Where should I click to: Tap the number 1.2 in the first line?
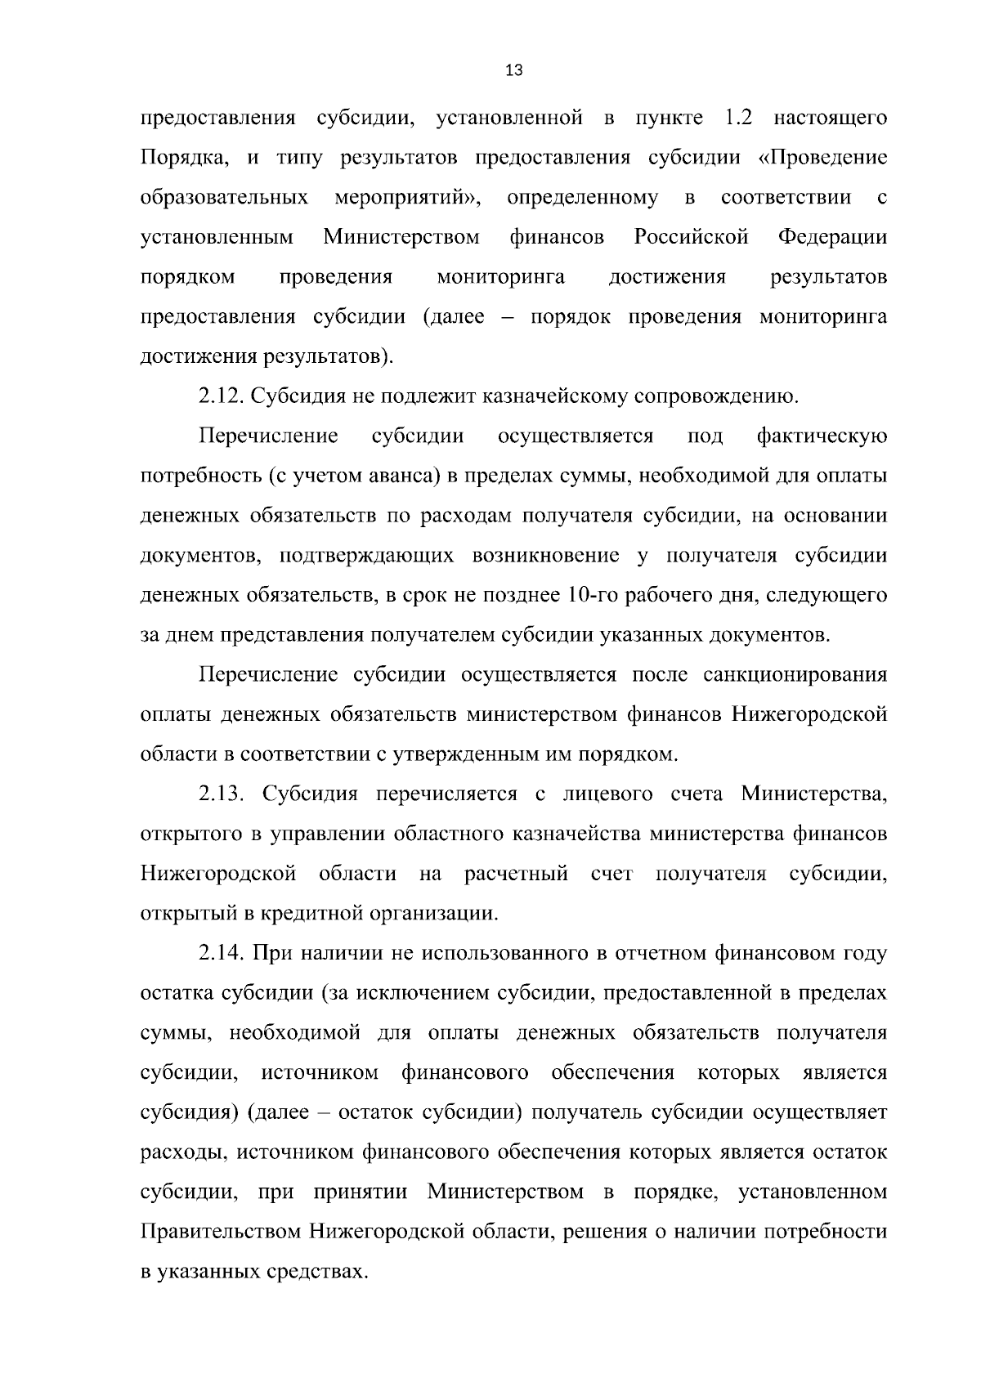(739, 118)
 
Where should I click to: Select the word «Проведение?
(823, 158)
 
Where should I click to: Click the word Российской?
(691, 238)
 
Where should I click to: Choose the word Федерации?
(832, 238)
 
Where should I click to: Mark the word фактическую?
(822, 436)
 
